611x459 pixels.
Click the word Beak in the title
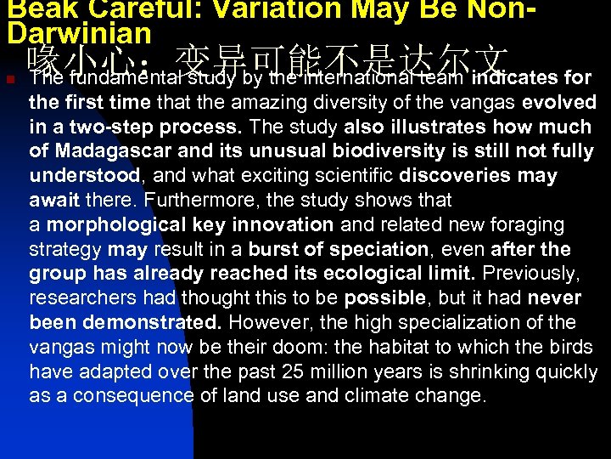tap(33, 10)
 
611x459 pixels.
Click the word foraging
tap(526, 225)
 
